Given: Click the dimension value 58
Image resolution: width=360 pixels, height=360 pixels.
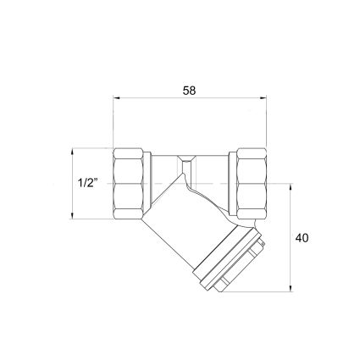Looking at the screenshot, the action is tap(189, 91).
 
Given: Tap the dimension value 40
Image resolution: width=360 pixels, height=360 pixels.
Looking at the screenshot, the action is tap(302, 238).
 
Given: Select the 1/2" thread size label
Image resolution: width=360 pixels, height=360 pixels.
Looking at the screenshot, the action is tap(87, 184).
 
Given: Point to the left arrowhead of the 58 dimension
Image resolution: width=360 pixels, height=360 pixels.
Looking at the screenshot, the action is tap(117, 98).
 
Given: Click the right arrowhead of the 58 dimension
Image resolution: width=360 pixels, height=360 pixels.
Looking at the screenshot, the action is tap(263, 98).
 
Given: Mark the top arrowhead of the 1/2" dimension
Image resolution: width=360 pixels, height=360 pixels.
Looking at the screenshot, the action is tap(73, 152).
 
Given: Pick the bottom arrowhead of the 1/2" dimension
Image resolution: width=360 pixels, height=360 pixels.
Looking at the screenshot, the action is tap(73, 215).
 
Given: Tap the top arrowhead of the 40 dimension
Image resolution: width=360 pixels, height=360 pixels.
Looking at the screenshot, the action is tap(291, 187).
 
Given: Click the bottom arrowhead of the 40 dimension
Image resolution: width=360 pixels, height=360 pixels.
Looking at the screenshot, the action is tap(291, 288).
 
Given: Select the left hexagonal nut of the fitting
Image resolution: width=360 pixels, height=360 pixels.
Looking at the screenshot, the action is tap(128, 184).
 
